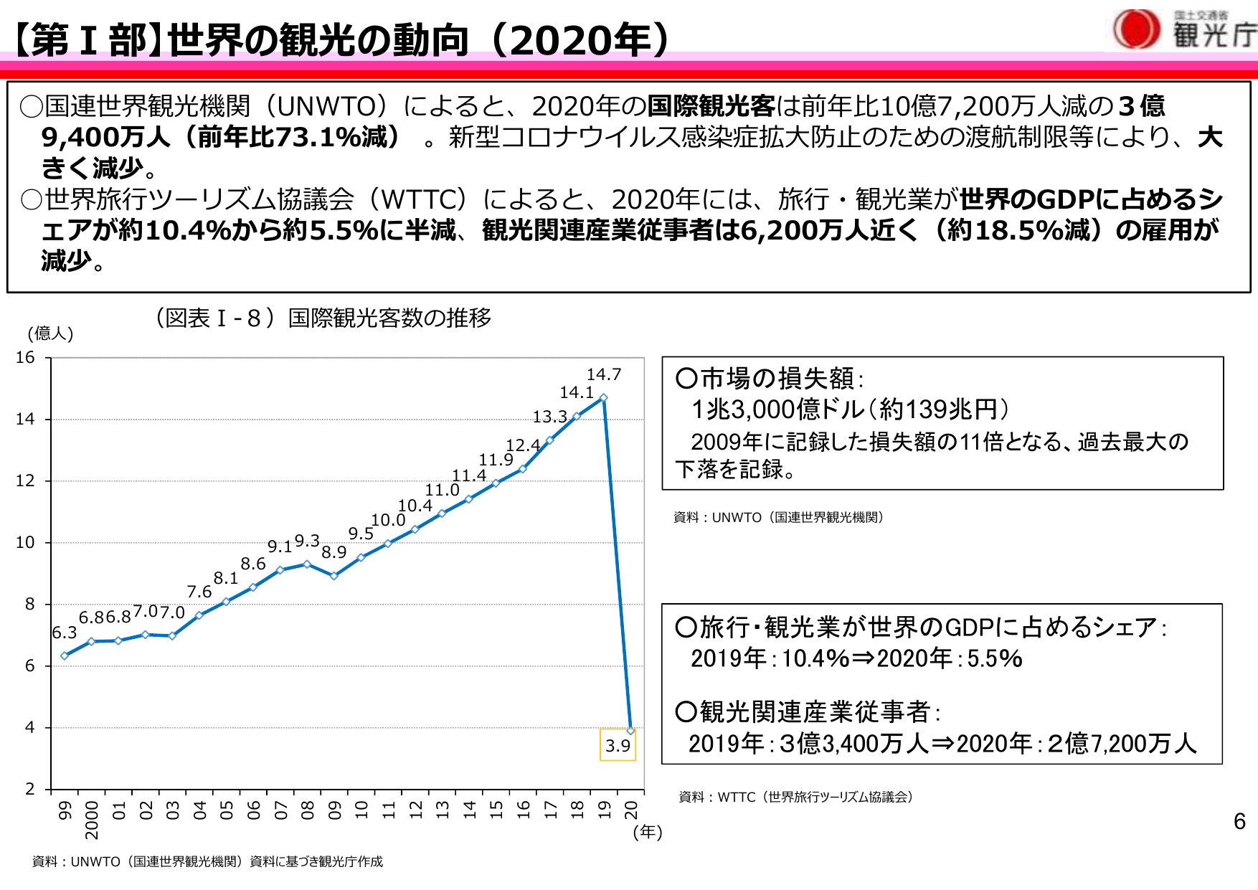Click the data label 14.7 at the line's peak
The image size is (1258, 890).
pos(603,374)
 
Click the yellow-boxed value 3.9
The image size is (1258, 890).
pos(618,746)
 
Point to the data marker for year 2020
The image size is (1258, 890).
pos(630,731)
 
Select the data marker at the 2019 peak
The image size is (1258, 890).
pos(604,398)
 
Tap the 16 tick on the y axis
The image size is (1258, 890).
pos(25,357)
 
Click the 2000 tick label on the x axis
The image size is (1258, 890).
pos(92,820)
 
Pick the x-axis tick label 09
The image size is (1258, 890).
pos(335,810)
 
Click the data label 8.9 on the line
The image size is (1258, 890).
pos(334,552)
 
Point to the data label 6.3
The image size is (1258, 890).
pos(64,633)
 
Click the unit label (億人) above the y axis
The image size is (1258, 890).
pos(50,333)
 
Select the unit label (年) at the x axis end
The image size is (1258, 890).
pos(648,832)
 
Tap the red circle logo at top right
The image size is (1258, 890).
pos(1136,29)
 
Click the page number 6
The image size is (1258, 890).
pos(1239,821)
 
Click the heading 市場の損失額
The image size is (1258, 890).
pos(777,378)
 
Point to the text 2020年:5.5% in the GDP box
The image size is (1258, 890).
pos(950,658)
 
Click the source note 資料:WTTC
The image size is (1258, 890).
pos(795,797)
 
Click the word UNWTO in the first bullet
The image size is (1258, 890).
pos(326,106)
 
